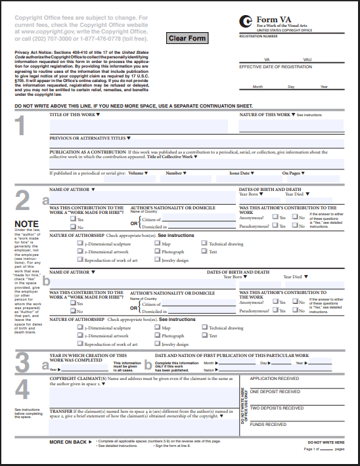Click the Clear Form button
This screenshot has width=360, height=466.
(x=187, y=38)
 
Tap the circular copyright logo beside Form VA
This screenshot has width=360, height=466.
(x=246, y=22)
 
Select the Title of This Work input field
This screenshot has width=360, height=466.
(x=139, y=125)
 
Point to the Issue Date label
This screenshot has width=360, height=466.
(x=239, y=173)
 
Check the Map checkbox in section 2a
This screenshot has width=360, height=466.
(x=157, y=244)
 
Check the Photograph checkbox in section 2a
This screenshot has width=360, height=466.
(x=157, y=252)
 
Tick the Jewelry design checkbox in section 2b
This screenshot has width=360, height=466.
(x=157, y=344)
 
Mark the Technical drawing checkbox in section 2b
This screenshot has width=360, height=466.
(x=204, y=328)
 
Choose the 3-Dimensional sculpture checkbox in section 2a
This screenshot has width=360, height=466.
(x=79, y=244)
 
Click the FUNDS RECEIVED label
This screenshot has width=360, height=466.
(x=268, y=424)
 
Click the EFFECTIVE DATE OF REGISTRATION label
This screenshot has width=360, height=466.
(x=275, y=67)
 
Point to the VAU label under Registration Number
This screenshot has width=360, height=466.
(x=307, y=59)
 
